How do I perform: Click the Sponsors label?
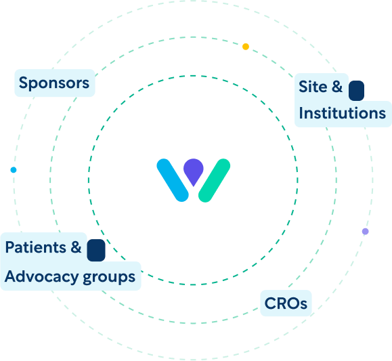(54, 83)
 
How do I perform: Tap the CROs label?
(286, 303)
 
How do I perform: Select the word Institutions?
(343, 113)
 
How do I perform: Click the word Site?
(313, 87)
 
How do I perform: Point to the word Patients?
(35, 247)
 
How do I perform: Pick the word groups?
(109, 278)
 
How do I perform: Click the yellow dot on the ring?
(246, 47)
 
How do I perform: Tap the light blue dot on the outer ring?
(14, 170)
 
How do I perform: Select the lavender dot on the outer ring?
(365, 232)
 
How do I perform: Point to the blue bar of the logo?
(173, 180)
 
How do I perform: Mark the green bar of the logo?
(214, 180)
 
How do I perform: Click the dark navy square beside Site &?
(356, 91)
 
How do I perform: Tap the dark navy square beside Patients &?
(96, 250)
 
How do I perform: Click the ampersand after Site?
(337, 87)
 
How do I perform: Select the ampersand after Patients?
(76, 247)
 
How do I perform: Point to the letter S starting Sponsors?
(23, 83)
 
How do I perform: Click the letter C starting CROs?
(270, 303)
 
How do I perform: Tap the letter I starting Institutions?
(301, 113)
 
